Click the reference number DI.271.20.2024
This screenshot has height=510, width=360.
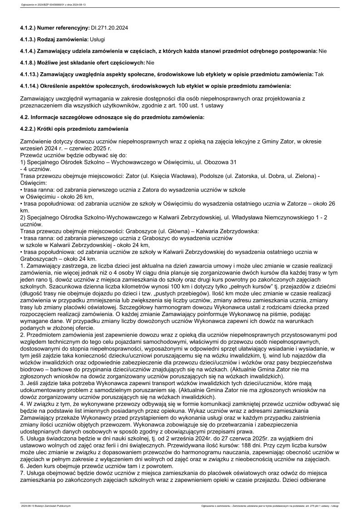point(110,28)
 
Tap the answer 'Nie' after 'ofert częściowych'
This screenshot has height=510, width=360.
point(151,62)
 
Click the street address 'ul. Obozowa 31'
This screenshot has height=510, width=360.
point(215,162)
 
